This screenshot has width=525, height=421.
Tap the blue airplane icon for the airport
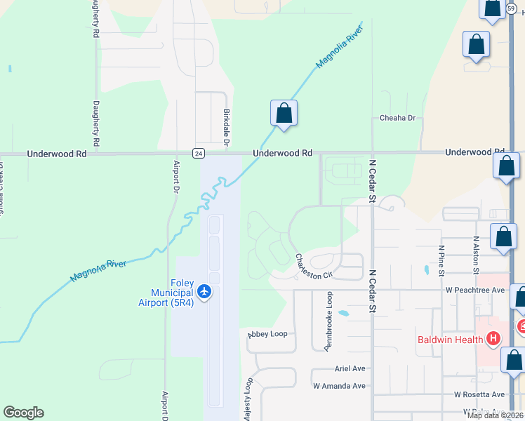204,290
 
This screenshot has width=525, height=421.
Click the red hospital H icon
493,339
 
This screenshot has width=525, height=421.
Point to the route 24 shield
199,152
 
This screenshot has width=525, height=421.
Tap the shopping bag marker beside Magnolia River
284,114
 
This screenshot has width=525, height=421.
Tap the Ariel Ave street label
350,368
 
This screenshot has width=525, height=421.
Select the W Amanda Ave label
339,386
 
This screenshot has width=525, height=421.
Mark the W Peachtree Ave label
475,290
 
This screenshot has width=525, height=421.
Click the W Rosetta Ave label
479,395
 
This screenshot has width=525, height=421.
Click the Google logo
23,413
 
